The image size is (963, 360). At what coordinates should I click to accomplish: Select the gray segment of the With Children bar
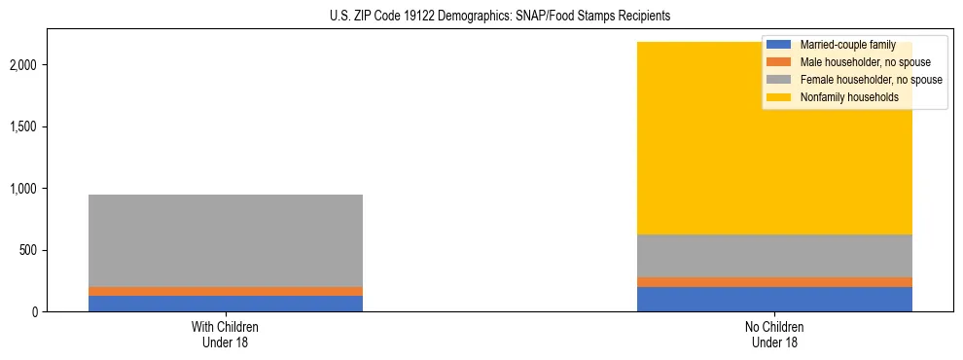point(226,240)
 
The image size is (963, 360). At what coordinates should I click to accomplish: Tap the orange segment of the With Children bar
point(226,291)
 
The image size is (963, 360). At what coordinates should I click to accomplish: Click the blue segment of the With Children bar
point(226,304)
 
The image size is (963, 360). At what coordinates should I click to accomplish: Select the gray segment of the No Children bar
point(774,256)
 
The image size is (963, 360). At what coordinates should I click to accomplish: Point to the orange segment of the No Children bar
point(774,282)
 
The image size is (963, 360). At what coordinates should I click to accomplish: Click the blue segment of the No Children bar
point(774,300)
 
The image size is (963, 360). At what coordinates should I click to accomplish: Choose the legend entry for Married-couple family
point(847,45)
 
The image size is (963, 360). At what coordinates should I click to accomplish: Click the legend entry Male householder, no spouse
point(865,62)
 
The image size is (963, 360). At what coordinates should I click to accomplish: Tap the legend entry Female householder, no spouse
point(871,80)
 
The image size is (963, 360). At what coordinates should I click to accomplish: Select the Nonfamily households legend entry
point(849,97)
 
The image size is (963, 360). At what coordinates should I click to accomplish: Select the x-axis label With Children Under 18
point(226,335)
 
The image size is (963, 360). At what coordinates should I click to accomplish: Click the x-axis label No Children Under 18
point(774,335)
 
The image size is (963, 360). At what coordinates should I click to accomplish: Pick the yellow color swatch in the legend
point(780,97)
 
